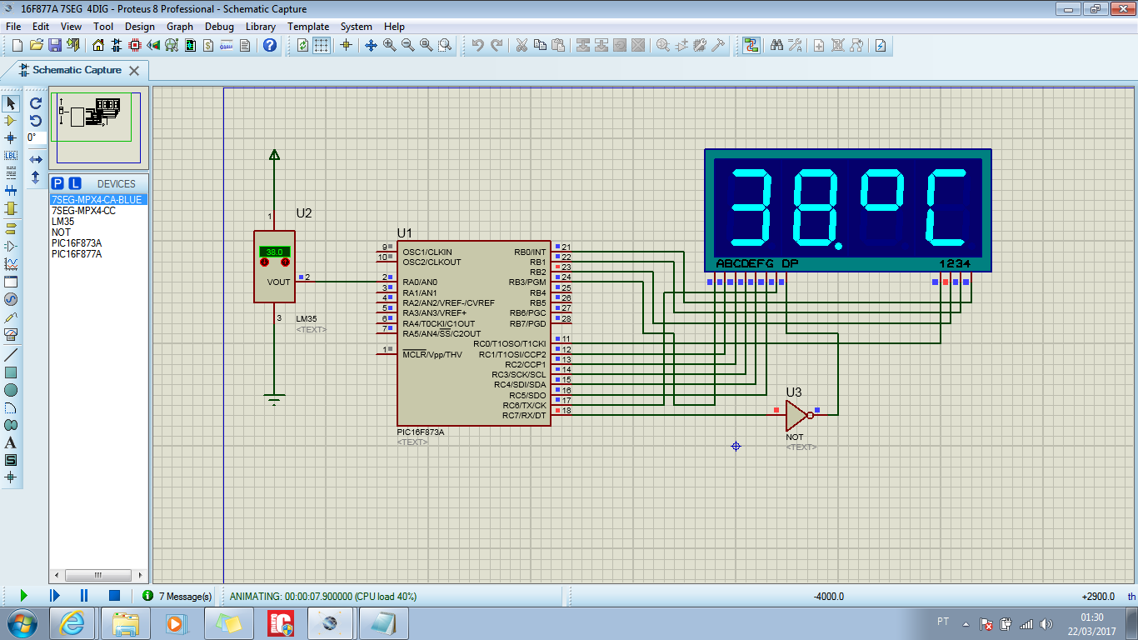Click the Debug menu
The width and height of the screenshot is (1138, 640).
[219, 27]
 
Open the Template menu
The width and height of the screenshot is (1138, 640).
[308, 27]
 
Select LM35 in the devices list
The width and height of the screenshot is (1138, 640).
[63, 222]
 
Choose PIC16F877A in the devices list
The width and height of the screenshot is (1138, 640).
[77, 254]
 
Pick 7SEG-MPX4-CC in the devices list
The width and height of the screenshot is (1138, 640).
[83, 211]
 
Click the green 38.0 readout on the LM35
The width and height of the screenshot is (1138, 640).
[274, 252]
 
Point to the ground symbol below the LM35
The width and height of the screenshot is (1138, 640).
[274, 399]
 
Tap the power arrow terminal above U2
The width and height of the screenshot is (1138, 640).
[274, 154]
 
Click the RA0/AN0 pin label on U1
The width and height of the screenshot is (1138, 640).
[420, 282]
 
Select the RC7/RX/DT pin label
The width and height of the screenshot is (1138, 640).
[524, 416]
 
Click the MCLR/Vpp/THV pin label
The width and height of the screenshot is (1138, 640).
[432, 354]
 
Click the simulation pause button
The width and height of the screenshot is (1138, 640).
[84, 595]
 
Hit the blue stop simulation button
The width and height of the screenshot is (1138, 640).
[114, 595]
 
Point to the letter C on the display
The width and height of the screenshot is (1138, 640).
[946, 207]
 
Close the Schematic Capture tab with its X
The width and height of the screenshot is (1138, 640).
[134, 71]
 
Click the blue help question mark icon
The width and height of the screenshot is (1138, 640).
[270, 45]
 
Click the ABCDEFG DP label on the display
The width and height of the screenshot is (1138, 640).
[757, 263]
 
